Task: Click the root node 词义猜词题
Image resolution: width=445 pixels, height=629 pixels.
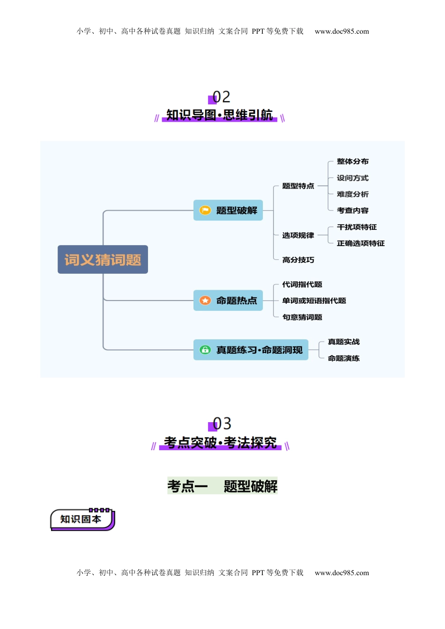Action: click(x=103, y=259)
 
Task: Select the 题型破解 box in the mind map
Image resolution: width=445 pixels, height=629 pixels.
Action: click(x=228, y=210)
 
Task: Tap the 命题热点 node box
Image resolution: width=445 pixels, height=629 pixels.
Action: click(x=228, y=300)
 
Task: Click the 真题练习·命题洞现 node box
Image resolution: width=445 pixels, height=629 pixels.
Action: click(x=251, y=350)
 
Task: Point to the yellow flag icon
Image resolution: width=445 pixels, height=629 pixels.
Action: click(x=205, y=210)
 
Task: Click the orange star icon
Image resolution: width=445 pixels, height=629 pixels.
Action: click(x=205, y=300)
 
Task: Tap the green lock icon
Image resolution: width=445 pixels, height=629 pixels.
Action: click(x=205, y=350)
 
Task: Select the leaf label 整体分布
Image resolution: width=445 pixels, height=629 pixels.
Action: click(x=353, y=161)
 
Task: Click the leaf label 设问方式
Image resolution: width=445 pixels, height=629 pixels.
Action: click(x=353, y=178)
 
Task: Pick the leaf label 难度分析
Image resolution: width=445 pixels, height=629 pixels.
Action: click(x=353, y=194)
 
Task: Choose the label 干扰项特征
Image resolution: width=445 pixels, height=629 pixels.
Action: click(x=357, y=227)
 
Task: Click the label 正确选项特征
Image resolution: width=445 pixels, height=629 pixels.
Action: click(x=361, y=243)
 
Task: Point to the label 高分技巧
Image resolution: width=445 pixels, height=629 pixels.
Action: click(x=298, y=260)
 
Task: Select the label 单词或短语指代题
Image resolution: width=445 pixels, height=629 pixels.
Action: click(x=314, y=300)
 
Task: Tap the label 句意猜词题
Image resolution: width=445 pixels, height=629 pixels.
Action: click(x=302, y=317)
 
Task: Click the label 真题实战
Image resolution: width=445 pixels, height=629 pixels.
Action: click(x=344, y=342)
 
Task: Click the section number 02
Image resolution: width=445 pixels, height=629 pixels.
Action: click(x=221, y=97)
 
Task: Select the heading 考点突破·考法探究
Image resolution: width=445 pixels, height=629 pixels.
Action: click(x=220, y=442)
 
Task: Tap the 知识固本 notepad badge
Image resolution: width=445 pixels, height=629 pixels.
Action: click(x=82, y=519)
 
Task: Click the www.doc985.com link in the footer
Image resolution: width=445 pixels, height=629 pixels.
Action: click(x=342, y=573)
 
